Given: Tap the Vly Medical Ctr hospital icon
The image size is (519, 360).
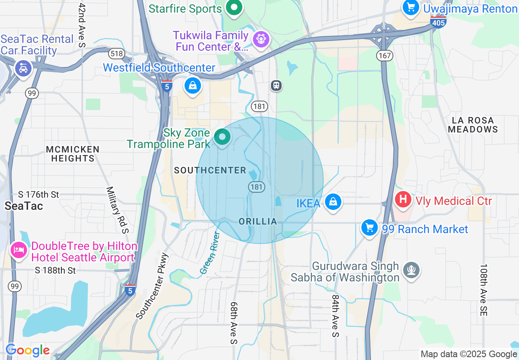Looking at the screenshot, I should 403,200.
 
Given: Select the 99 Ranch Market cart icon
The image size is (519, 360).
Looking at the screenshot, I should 369,227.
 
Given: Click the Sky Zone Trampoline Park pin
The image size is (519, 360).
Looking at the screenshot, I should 222,137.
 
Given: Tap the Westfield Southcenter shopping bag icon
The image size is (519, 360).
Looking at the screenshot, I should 192,85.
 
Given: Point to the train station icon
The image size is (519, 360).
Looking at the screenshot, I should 277,85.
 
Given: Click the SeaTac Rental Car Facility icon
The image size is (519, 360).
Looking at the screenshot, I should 23,68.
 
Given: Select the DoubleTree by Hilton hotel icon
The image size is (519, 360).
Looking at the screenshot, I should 19,250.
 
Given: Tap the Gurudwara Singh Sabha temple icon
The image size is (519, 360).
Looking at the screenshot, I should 411,270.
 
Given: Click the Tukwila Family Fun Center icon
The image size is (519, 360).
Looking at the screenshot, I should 261,39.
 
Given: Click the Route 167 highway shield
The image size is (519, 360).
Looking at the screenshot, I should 385,55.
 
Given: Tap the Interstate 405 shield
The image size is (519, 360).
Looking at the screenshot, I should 438,22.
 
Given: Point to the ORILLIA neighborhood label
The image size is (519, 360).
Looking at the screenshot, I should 258,221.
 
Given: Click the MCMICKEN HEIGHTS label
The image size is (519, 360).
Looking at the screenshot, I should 73,154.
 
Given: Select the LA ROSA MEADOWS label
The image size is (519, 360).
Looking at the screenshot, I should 472,125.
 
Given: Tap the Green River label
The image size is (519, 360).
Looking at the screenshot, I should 210,253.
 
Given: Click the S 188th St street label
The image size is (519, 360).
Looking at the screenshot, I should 55,270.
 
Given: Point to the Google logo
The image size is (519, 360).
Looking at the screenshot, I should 27,351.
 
